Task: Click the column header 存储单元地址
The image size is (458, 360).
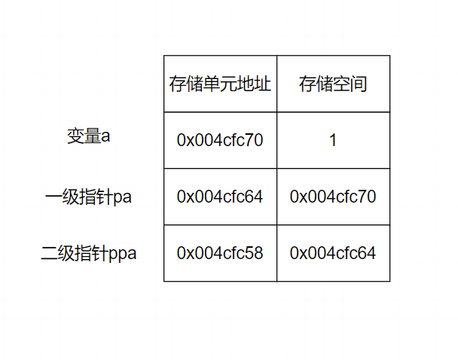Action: (220, 84)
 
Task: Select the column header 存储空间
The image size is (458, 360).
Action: (333, 84)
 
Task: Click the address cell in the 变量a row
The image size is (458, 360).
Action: (220, 140)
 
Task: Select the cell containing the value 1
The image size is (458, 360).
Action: (333, 140)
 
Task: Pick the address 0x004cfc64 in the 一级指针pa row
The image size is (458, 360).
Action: (220, 197)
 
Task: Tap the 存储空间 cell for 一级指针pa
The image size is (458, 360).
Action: (333, 197)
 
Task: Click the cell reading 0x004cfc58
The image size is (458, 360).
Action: (220, 253)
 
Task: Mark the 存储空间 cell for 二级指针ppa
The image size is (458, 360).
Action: (333, 253)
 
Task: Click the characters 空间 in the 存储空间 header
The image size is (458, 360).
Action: (350, 84)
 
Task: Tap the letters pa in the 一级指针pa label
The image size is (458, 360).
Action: (123, 197)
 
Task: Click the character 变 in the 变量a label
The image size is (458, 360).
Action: (75, 136)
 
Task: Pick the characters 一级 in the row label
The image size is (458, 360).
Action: (62, 197)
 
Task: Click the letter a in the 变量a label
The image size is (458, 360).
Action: (106, 137)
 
